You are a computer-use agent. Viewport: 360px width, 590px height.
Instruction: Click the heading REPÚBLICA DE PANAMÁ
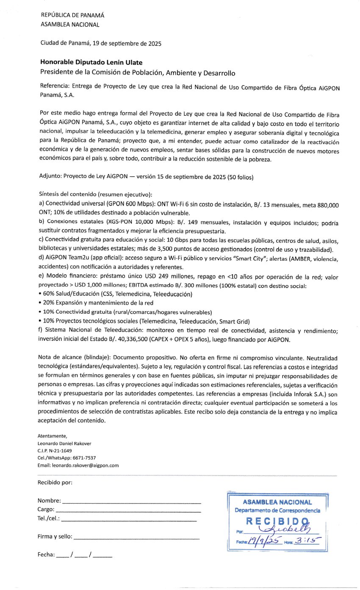tap(72, 15)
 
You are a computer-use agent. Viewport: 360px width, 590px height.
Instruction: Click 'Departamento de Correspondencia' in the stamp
tap(277, 510)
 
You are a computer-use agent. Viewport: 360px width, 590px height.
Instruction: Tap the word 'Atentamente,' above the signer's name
tap(52, 436)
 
